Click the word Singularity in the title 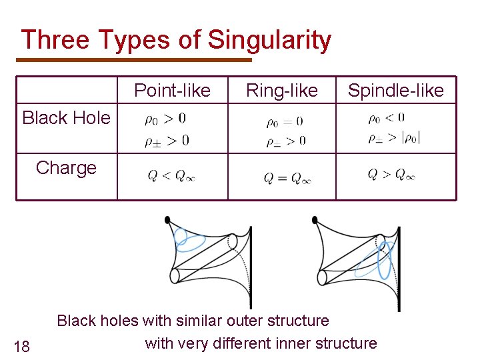[x=269, y=40]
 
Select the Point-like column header [x=172, y=91]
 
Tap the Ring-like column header [x=282, y=91]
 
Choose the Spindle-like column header [x=396, y=91]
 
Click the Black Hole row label [x=66, y=118]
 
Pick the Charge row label [x=66, y=167]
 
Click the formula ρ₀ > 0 [x=165, y=119]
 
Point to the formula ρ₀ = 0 [x=284, y=121]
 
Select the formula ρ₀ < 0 [x=386, y=118]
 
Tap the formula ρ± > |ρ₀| [x=394, y=138]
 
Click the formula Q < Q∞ [x=171, y=176]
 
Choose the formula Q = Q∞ [x=287, y=178]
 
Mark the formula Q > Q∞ [x=391, y=175]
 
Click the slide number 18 [x=22, y=345]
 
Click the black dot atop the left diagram [x=167, y=219]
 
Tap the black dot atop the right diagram [x=315, y=219]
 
